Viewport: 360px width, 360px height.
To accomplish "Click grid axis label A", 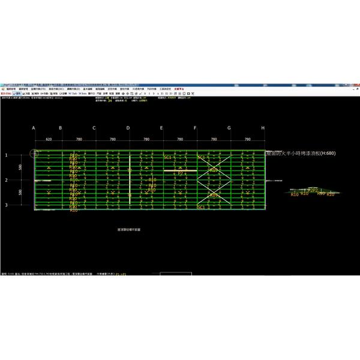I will [34, 128].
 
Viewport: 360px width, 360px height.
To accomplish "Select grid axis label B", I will [60, 128].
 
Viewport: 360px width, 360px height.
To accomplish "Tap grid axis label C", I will [94, 128].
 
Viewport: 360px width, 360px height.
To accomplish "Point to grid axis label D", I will [128, 128].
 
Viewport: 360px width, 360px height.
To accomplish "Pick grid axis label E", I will [161, 128].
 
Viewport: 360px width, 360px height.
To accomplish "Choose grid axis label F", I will [196, 128].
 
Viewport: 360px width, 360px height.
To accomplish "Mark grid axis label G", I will [229, 128].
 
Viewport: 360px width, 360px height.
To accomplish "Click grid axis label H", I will [263, 128].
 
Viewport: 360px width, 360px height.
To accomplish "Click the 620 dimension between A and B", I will [48, 139].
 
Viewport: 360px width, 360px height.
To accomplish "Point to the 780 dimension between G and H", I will [246, 139].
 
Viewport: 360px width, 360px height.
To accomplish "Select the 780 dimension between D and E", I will [145, 139].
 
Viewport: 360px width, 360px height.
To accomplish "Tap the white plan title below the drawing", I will [129, 229].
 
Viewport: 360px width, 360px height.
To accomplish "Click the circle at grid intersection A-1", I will [35, 154].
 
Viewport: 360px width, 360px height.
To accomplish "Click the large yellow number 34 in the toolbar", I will [110, 101].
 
